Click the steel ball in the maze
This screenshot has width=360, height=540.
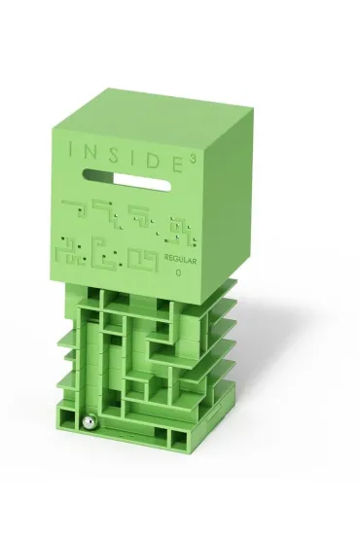[x=90, y=422]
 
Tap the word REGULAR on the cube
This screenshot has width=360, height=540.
[x=180, y=260]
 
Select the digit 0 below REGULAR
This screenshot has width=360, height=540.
[x=178, y=273]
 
